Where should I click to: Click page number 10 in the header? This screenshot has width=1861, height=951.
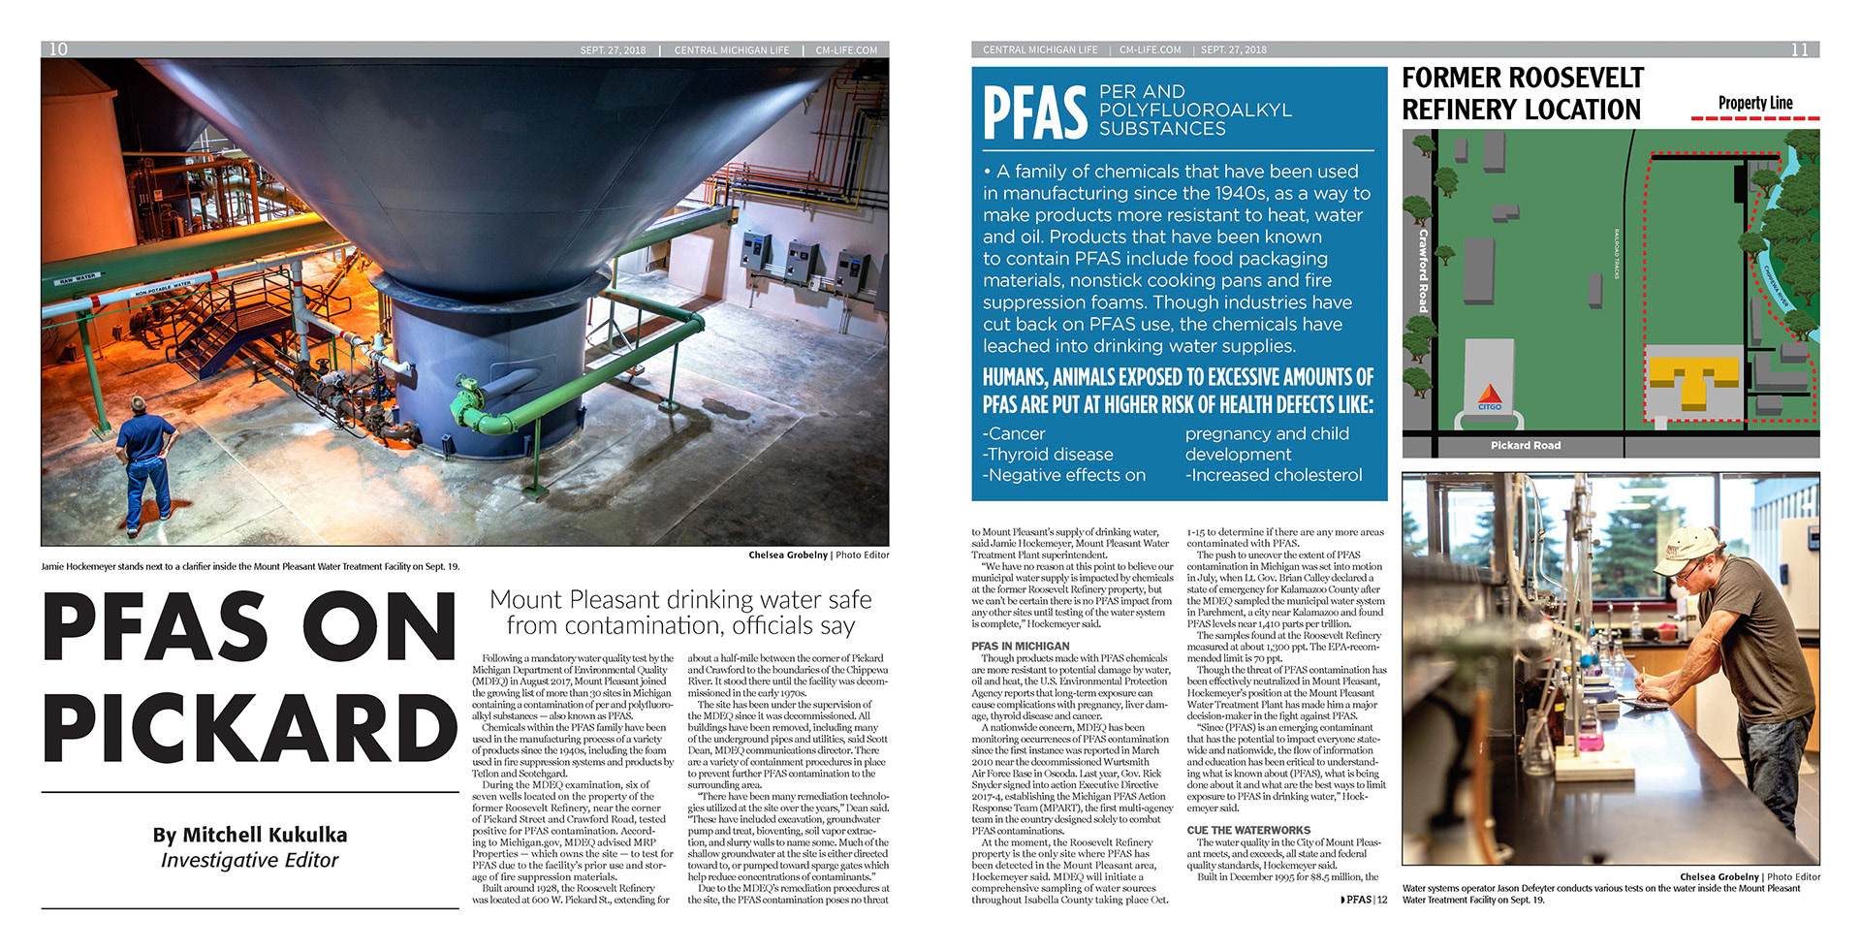click(x=58, y=49)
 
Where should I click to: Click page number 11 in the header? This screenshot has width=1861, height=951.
click(x=1799, y=49)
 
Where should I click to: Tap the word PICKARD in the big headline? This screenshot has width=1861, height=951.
click(x=250, y=729)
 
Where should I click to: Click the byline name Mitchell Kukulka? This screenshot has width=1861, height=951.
click(x=249, y=835)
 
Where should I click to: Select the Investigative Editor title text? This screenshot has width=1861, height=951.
click(x=249, y=861)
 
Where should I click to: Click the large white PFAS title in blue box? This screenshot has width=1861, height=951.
click(x=1035, y=112)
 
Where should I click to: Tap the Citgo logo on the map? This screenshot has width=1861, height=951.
click(x=1489, y=397)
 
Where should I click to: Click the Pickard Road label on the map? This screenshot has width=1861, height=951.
click(x=1525, y=446)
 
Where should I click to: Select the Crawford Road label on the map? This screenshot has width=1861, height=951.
click(x=1423, y=270)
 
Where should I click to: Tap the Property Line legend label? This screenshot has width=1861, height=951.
click(x=1754, y=103)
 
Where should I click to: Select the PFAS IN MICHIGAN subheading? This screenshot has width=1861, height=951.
click(x=1020, y=647)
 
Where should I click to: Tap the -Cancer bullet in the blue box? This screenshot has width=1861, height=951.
click(x=1014, y=434)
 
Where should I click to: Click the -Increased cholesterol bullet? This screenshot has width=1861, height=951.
click(x=1274, y=475)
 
